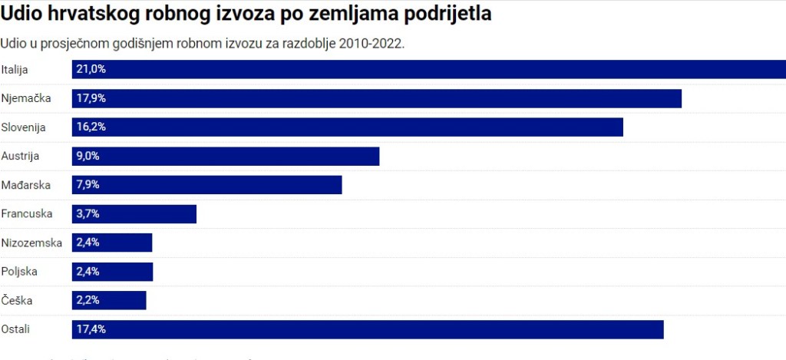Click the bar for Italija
430,69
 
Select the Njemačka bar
377,98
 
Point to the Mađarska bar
207,185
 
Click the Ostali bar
368,329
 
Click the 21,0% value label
91,69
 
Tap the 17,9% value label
91,98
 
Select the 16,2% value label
91,127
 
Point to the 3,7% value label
88,214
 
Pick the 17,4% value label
91,329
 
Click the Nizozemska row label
31,243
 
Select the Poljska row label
19,272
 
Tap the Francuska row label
27,214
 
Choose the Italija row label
15,70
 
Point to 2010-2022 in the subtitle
372,43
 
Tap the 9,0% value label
88,156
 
